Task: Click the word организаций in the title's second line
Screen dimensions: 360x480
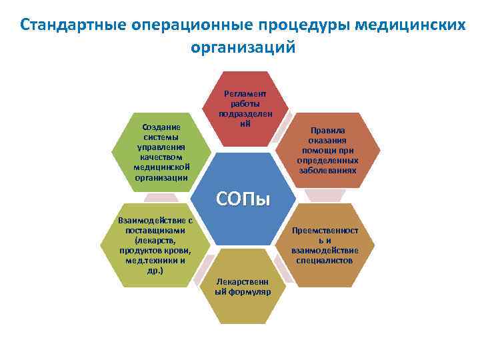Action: (242, 49)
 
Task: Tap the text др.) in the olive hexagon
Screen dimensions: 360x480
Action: (155, 270)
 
